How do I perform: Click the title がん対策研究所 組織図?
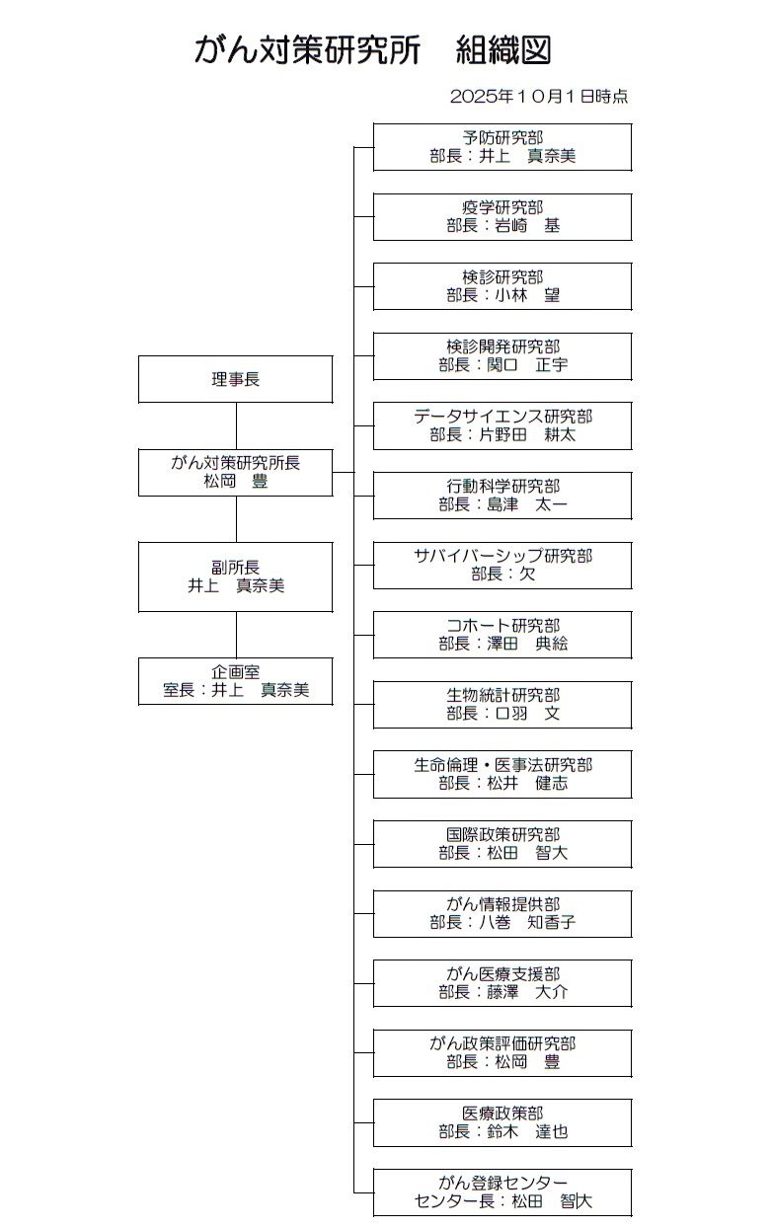[x=372, y=50]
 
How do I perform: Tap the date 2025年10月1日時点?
[x=538, y=97]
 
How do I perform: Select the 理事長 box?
[x=235, y=379]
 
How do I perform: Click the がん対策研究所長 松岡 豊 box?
[x=235, y=472]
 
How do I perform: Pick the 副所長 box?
[x=235, y=576]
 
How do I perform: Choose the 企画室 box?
[x=235, y=681]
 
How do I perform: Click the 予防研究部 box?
[x=501, y=147]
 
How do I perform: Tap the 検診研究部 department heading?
[x=501, y=277]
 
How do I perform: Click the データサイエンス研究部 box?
[x=501, y=425]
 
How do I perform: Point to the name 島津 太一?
[x=527, y=504]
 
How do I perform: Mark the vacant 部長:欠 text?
[x=502, y=575]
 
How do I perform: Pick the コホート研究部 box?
[x=501, y=635]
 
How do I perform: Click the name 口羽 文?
[x=527, y=714]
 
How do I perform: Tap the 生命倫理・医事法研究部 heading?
[x=501, y=765]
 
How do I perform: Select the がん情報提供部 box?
[x=501, y=913]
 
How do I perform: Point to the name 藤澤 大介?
[x=527, y=993]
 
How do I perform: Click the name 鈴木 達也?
[x=527, y=1132]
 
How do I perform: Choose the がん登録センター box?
[x=501, y=1192]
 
